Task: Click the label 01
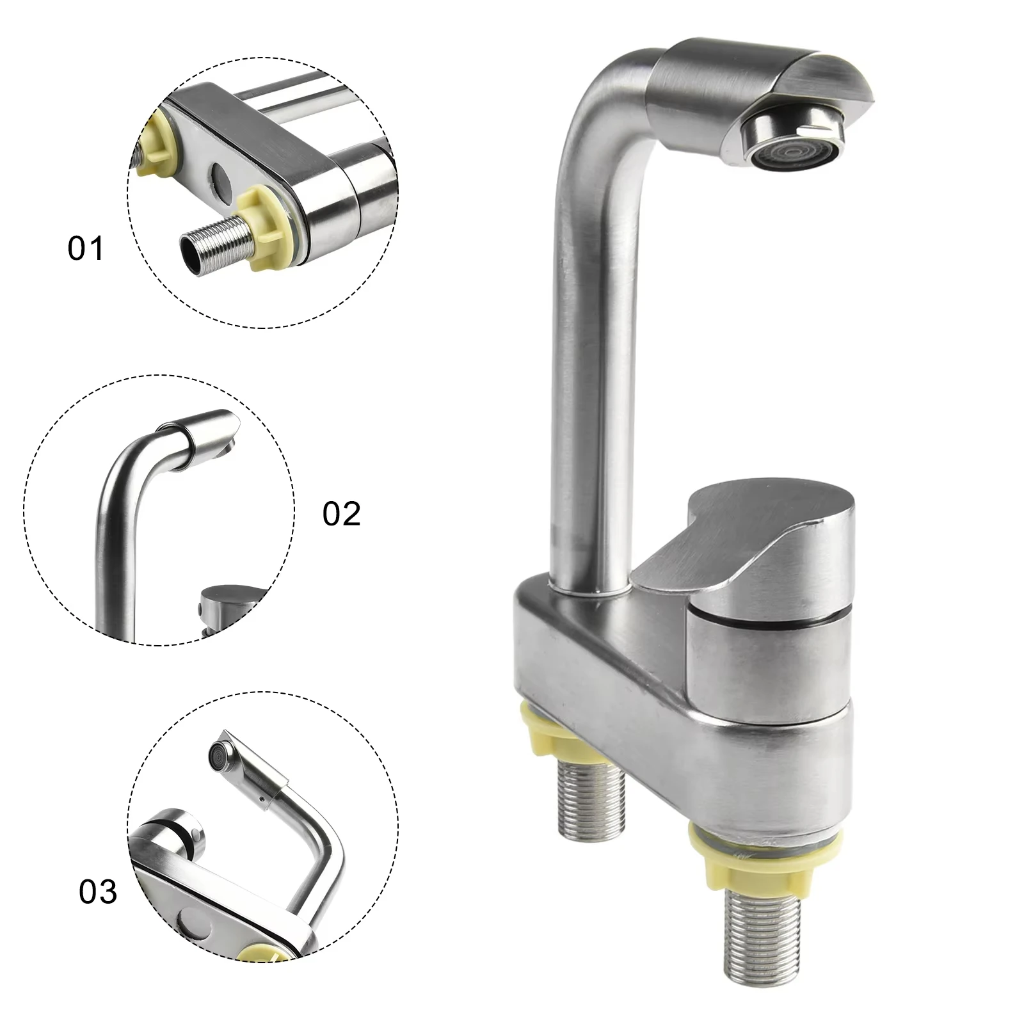(85, 248)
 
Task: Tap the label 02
(341, 514)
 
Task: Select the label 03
(98, 891)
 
